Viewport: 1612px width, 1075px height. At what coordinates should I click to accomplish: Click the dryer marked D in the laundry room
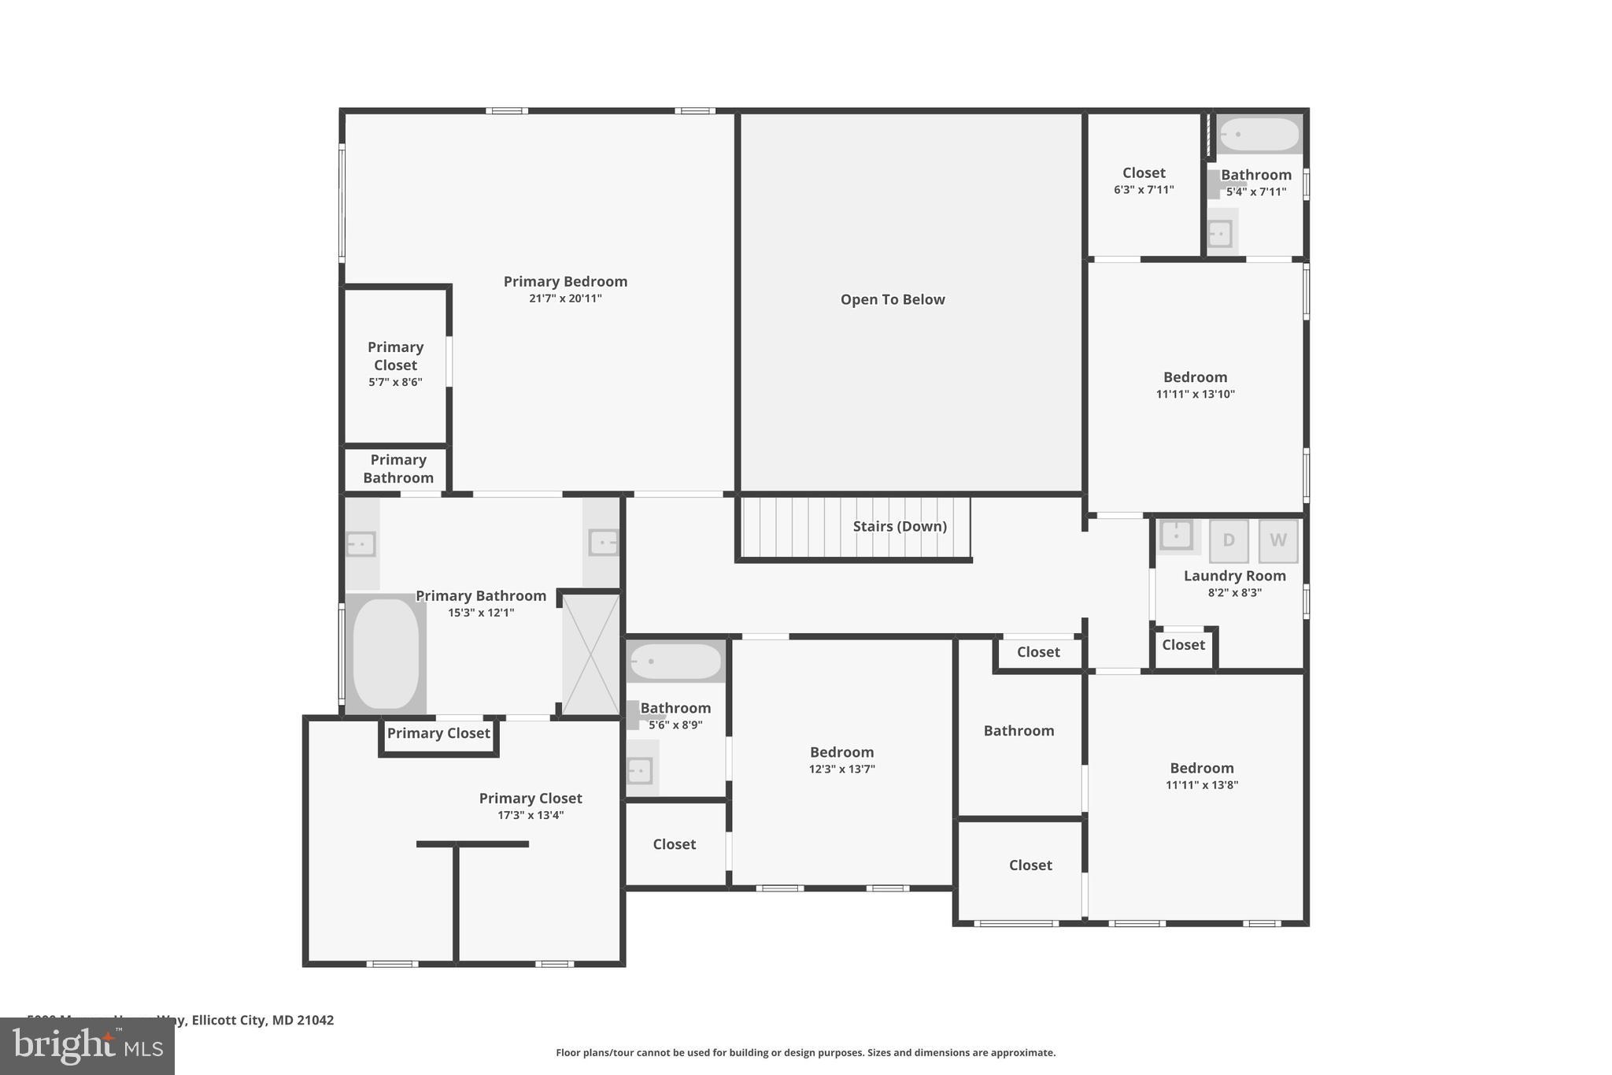click(x=1228, y=540)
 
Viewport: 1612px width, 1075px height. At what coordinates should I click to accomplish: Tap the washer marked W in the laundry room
click(x=1277, y=540)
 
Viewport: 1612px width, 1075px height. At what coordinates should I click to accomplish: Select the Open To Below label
click(x=892, y=299)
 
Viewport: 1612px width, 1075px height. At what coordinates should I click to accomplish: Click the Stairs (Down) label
click(x=899, y=526)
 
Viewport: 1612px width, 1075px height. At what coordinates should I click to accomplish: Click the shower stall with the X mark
click(x=591, y=654)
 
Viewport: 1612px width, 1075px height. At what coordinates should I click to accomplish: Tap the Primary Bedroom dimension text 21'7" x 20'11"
click(x=565, y=298)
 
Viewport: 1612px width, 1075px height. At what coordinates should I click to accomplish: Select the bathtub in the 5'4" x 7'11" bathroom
click(x=1259, y=135)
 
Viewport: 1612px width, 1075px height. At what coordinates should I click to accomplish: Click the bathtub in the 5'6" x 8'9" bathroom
click(x=675, y=662)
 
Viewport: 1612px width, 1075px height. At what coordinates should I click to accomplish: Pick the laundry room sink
click(x=1176, y=536)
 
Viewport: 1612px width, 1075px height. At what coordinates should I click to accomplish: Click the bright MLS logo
click(x=87, y=1047)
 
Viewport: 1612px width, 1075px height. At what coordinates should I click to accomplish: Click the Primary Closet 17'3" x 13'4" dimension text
click(x=531, y=816)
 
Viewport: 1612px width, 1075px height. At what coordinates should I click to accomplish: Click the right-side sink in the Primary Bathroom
click(x=604, y=543)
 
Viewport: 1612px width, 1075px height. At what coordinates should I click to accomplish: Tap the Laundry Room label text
click(x=1234, y=576)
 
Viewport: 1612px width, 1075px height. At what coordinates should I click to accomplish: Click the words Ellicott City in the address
click(x=228, y=1020)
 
